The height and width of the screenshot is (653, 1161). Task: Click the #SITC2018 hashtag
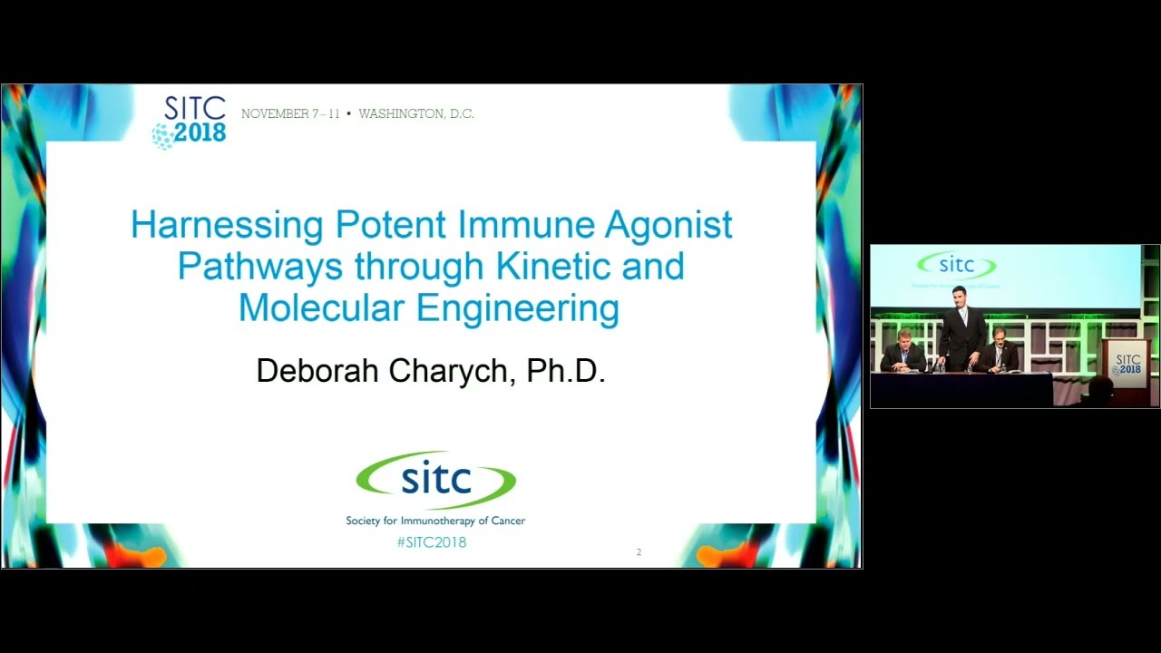(x=432, y=542)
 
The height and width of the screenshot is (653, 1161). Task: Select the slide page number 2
(x=639, y=552)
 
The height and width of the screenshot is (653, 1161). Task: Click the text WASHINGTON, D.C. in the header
(x=416, y=114)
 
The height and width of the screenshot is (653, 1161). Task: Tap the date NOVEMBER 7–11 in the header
(x=290, y=114)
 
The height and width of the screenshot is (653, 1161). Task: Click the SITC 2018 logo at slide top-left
(x=190, y=121)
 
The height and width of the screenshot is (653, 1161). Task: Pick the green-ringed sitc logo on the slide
(x=435, y=479)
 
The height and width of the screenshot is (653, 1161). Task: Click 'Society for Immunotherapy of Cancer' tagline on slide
(x=435, y=521)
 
